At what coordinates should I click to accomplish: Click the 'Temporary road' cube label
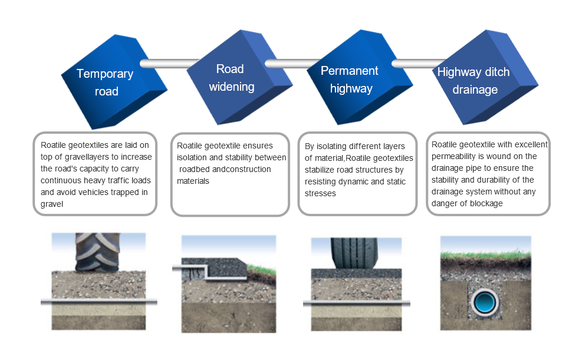(x=105, y=82)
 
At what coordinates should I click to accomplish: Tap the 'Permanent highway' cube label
(x=350, y=80)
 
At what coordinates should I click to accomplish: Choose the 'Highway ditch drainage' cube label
(x=473, y=81)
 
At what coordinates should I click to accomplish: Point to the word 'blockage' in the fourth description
(x=485, y=203)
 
